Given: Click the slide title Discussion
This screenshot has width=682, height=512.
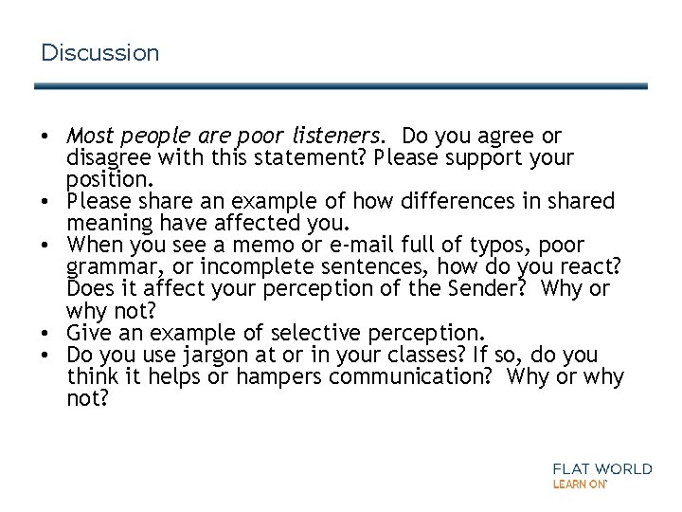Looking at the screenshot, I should pyautogui.click(x=100, y=53).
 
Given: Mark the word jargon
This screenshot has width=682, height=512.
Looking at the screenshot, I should pyautogui.click(x=202, y=355).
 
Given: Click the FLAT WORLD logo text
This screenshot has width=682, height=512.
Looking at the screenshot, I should pyautogui.click(x=601, y=468).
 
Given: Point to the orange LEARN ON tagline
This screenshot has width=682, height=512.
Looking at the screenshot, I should pyautogui.click(x=580, y=484).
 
